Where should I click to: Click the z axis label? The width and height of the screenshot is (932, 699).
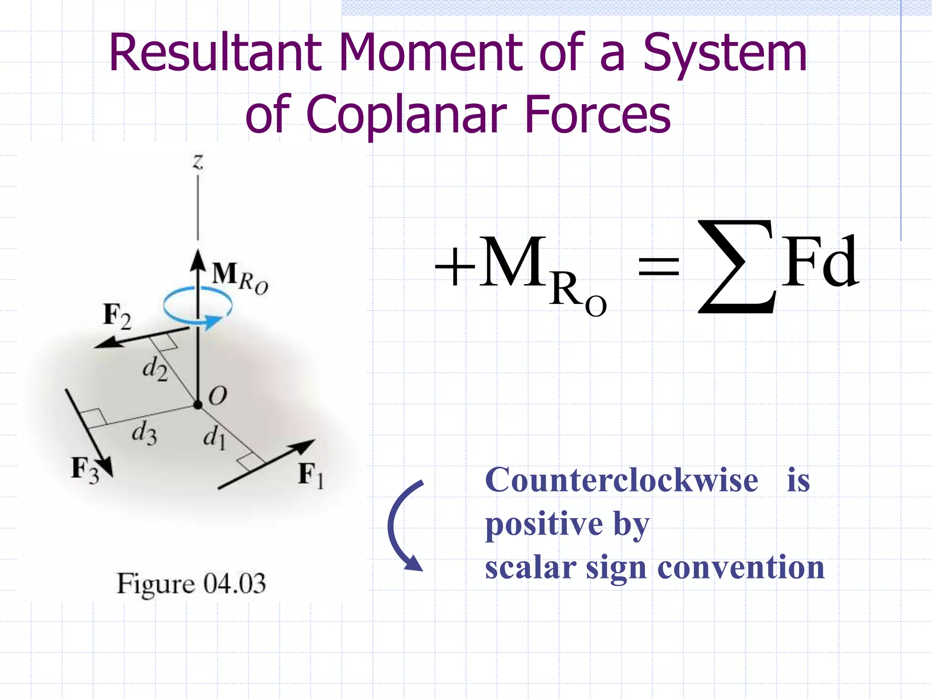(x=198, y=162)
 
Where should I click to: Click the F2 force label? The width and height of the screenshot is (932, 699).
(x=117, y=315)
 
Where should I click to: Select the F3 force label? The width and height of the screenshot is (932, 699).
(x=85, y=470)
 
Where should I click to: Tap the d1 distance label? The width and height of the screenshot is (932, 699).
(x=214, y=438)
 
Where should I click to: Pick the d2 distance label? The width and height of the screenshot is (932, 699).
(x=155, y=368)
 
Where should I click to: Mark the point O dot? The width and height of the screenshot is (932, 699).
(x=198, y=405)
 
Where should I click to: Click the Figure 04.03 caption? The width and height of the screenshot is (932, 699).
(x=191, y=583)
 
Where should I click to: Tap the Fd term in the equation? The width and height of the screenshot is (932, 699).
(x=820, y=263)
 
